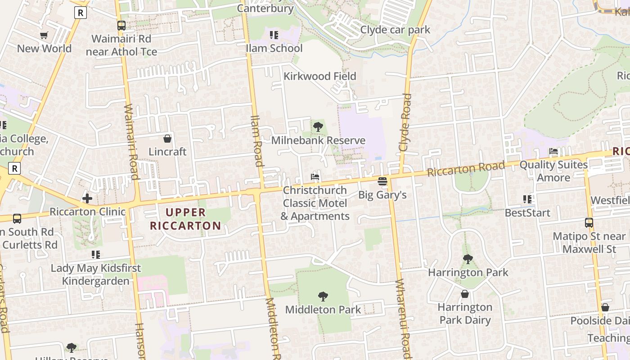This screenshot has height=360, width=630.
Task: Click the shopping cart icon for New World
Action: [44, 35]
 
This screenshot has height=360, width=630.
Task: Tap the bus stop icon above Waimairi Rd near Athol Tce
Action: [121, 26]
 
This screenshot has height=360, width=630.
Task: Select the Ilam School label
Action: [274, 48]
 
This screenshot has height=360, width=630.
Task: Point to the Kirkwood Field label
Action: [319, 76]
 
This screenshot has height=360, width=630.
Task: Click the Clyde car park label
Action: [395, 30]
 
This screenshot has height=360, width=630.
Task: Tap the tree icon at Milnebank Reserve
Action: [318, 127]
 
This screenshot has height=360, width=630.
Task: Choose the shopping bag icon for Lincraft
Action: [167, 139]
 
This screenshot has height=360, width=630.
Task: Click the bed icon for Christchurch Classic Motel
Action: [315, 177]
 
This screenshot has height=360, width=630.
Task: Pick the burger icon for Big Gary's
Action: [382, 181]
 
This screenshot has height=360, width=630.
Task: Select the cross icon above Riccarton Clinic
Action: [87, 198]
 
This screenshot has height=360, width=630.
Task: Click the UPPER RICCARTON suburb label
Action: [185, 219]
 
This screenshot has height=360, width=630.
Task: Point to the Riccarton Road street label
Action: [466, 169]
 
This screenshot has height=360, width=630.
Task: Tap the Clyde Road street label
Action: [405, 122]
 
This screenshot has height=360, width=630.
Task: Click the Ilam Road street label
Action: [256, 140]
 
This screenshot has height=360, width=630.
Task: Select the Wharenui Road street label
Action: [404, 318]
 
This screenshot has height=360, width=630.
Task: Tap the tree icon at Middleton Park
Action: [323, 296]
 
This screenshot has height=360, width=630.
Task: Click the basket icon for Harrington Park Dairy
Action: [465, 294]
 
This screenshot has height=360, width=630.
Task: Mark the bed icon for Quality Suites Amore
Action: [553, 152]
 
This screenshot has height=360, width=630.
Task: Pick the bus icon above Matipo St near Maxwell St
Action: [589, 222]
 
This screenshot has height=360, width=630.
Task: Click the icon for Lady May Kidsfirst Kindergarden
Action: [95, 255]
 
